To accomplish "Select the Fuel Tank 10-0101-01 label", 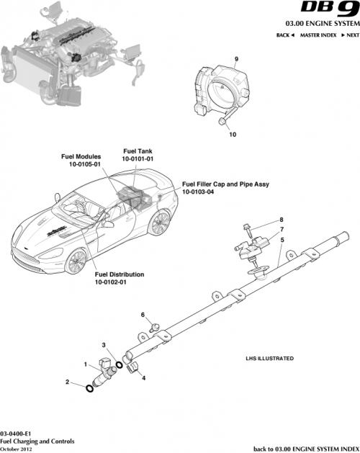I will pos(138,155).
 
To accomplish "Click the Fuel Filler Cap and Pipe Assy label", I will pos(225,188).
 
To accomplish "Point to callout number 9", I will pos(235,58).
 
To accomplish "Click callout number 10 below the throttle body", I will pos(232,134).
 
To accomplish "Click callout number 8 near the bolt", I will pos(282,220).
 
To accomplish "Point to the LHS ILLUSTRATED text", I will pos(269,358).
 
